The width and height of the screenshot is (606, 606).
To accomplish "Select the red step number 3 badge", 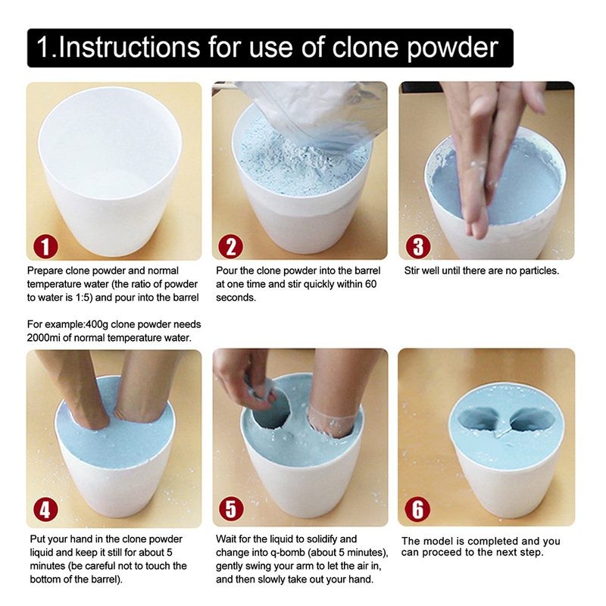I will click(418, 246).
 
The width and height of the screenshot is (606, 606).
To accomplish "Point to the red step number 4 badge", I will click(44, 510).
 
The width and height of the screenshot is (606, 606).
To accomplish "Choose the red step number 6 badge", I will click(417, 510).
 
